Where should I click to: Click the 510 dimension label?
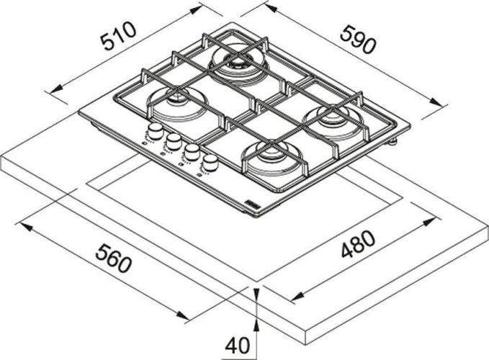pos(118,37)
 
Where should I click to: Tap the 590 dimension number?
pos(358,40)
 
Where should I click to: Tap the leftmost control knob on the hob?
pos(154,132)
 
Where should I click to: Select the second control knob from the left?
pos(174,141)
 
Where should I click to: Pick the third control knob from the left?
pos(192,152)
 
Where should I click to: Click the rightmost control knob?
pos(210,163)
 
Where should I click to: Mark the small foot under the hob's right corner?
pos(392,143)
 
